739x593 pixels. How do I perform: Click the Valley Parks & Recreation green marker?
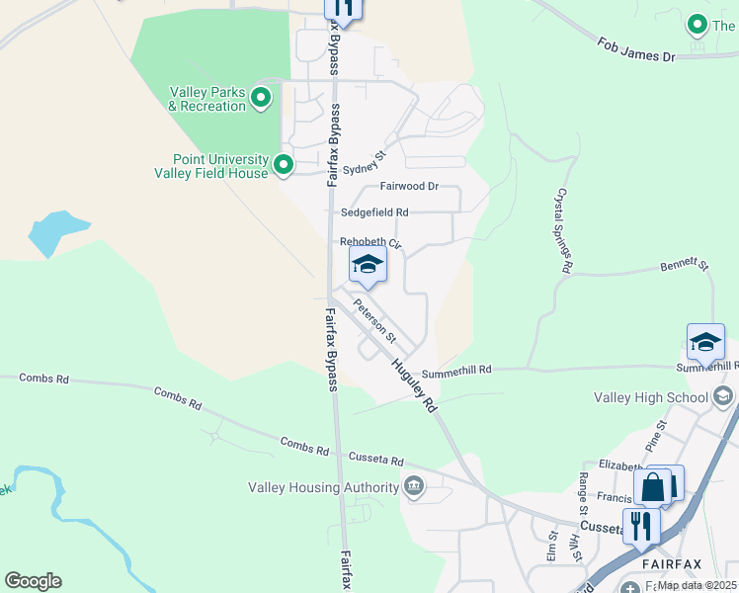pyautogui.click(x=261, y=97)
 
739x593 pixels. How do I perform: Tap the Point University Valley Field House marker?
pyautogui.click(x=284, y=164)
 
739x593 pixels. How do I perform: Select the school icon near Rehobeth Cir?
pyautogui.click(x=368, y=264)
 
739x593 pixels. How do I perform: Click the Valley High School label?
pyautogui.click(x=651, y=397)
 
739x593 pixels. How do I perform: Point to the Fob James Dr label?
pyautogui.click(x=636, y=49)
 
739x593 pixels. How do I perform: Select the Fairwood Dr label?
pyautogui.click(x=409, y=186)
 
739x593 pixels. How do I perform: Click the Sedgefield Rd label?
pyautogui.click(x=374, y=212)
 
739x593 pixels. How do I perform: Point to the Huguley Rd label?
pyautogui.click(x=414, y=383)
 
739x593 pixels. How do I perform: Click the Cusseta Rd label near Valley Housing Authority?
pyautogui.click(x=376, y=460)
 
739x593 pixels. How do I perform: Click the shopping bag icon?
pyautogui.click(x=654, y=486)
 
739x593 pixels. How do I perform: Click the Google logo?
pyautogui.click(x=33, y=581)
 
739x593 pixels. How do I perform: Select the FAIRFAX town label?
pyautogui.click(x=671, y=564)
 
